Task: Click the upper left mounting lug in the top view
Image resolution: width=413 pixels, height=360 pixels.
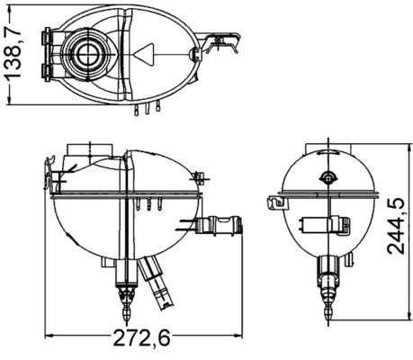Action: point(49,40)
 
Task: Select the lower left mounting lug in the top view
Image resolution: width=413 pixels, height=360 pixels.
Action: point(49,69)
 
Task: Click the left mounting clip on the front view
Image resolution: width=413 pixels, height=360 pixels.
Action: point(56,172)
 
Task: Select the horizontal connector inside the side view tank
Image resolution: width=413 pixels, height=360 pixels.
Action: point(326,224)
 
